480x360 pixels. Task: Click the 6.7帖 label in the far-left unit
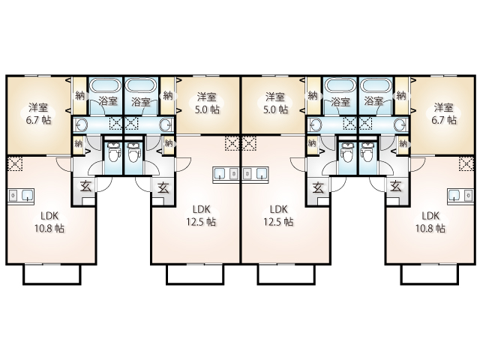coord(38,120)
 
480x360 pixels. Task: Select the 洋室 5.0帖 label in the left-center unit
coord(207,103)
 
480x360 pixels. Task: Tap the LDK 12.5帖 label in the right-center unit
coord(278,215)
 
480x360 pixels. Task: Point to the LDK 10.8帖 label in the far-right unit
coord(430,222)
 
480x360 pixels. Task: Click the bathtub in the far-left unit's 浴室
coord(106,85)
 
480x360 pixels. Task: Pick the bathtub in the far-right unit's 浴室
coord(376,85)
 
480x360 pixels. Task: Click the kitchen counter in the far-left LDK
coord(21,196)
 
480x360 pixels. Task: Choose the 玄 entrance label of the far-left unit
coord(85,187)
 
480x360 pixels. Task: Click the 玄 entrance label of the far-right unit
coord(396,187)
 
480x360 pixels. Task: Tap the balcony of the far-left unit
coord(52,274)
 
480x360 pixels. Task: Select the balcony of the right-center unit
coord(286,274)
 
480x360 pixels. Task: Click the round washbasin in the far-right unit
coord(401,125)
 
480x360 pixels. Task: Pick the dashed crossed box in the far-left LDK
coord(15,163)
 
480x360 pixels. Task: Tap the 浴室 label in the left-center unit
coord(141,102)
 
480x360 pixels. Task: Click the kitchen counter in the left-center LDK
coord(226,175)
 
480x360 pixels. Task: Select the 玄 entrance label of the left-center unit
coord(163,187)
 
